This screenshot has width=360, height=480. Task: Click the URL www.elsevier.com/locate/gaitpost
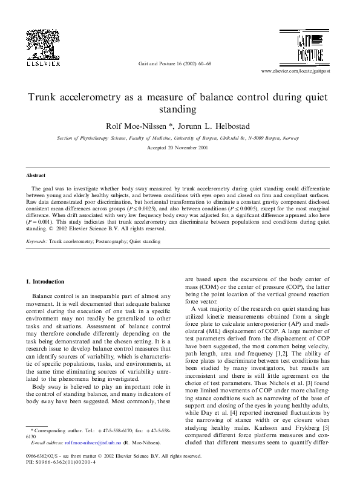tap(304, 71)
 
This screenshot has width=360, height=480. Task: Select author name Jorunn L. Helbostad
tap(223, 126)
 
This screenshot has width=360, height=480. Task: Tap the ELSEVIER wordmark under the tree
tap(42, 62)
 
